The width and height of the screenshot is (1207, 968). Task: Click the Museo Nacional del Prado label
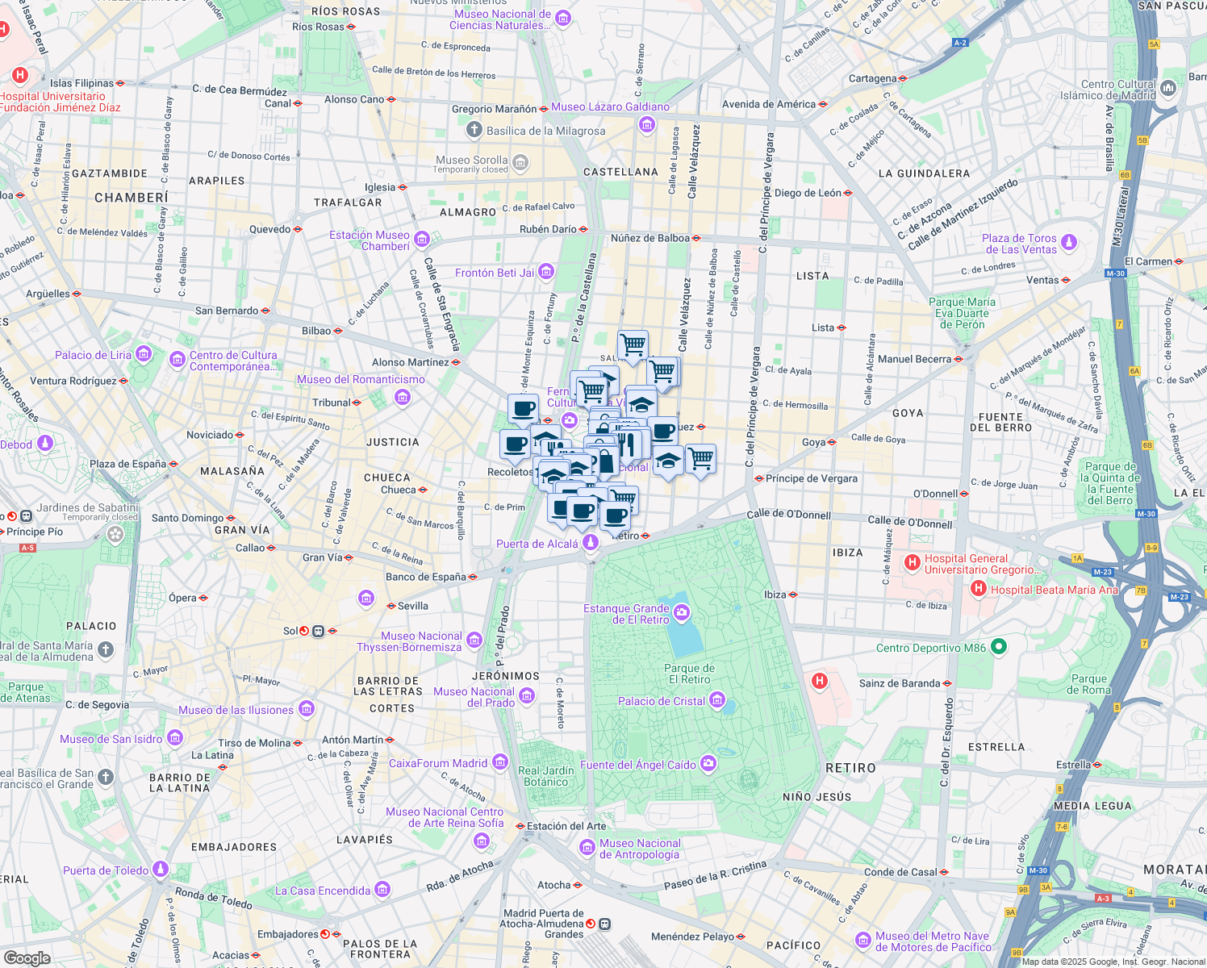coord(474,697)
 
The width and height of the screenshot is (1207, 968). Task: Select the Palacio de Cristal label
coord(662,701)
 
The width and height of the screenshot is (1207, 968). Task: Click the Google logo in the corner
coord(27,958)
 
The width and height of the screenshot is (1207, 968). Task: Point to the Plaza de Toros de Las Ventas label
coord(1019,244)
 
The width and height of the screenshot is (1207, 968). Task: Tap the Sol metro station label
coord(290,631)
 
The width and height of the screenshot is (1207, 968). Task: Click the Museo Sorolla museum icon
coord(520,163)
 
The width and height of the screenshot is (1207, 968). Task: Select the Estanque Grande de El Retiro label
coord(626,614)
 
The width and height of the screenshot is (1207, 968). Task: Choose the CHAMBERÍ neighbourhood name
coord(132,198)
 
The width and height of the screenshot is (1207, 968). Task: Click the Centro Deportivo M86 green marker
coord(998,647)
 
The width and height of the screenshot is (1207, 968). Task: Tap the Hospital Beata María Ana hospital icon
coord(979,590)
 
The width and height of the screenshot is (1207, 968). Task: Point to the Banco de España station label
coord(426,577)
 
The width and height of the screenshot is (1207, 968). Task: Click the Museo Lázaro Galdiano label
coord(610,106)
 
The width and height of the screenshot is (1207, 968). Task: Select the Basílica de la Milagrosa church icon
coord(474,130)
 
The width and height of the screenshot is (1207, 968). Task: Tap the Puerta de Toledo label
coord(106,870)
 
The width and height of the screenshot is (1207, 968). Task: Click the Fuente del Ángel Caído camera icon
coord(708,764)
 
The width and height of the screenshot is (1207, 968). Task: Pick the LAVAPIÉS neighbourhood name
coord(365,840)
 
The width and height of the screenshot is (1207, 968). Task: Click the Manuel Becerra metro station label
coord(914,359)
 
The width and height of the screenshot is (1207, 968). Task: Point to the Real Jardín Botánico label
coord(546,776)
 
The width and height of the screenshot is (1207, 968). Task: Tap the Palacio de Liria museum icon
coord(144,354)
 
